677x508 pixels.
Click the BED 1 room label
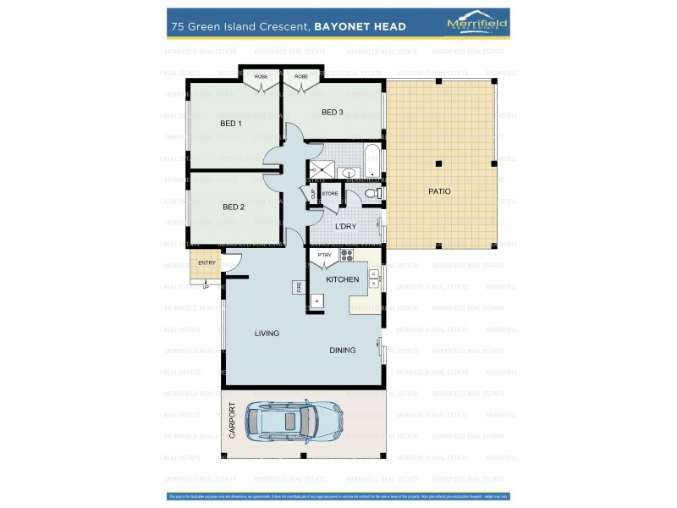point(231,124)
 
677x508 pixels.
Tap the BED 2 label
point(234,207)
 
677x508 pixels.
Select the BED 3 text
point(332,113)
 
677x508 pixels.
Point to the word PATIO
point(439,191)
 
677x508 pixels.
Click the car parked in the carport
point(294,419)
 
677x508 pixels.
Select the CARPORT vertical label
point(233,421)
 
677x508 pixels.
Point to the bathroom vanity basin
point(349,174)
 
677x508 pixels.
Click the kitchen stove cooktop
point(345,255)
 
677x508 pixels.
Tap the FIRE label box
point(298,287)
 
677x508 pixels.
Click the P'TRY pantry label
point(324,255)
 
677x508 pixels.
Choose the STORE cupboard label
point(330,194)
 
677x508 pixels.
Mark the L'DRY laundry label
point(345,227)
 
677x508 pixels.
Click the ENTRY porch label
point(206,263)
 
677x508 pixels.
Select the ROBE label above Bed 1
point(261,77)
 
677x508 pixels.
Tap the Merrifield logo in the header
point(476,25)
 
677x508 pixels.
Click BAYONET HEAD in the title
point(360,27)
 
